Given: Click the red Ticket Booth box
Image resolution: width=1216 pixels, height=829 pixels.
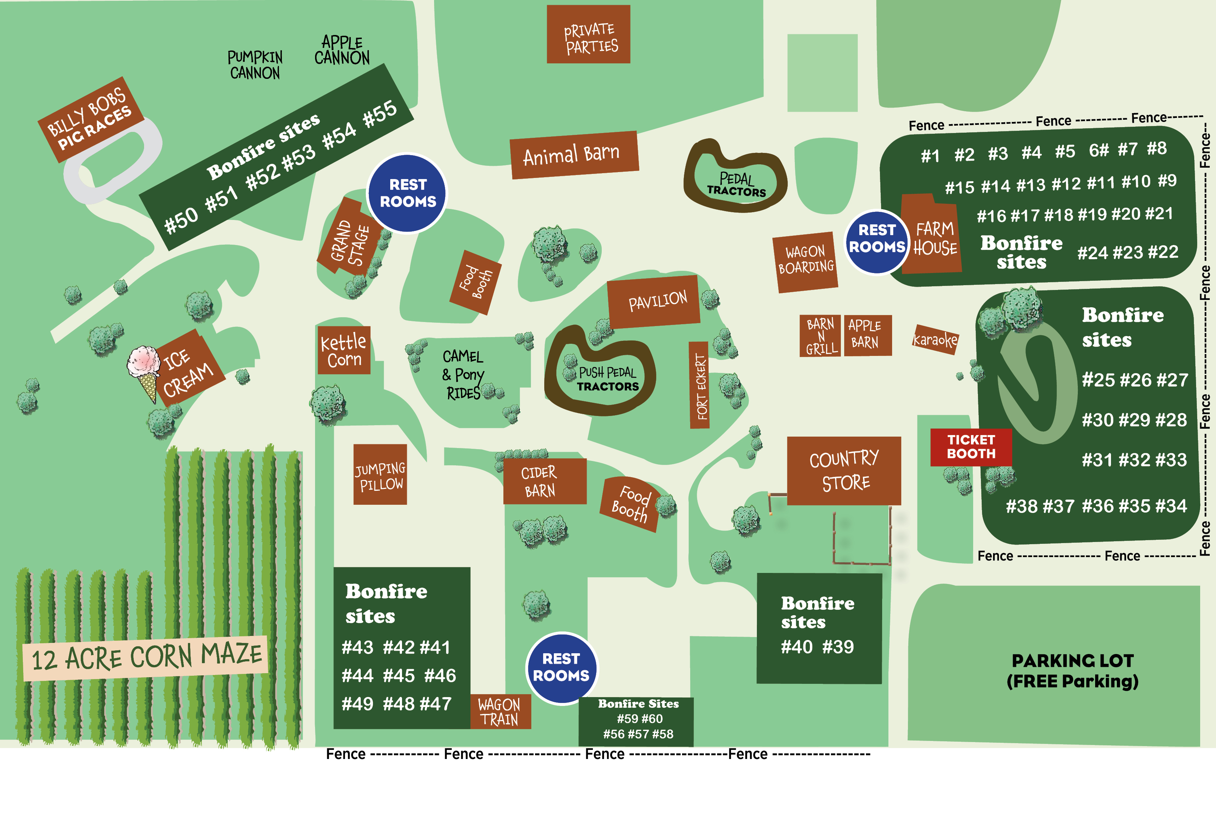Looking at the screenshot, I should tap(971, 447).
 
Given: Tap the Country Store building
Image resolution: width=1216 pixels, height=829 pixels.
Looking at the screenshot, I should tap(844, 471).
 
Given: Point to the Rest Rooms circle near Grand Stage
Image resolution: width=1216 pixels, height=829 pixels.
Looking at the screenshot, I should tap(407, 193).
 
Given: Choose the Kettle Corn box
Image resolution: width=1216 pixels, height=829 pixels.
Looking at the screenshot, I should tap(344, 350).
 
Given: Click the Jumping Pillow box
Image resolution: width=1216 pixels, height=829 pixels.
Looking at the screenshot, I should tap(380, 475).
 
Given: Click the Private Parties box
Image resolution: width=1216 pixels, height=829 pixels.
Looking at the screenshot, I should tap(588, 35).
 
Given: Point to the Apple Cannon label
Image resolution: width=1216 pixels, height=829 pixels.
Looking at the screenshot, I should tap(342, 50).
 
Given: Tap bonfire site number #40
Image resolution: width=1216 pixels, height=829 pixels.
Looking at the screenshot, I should tap(796, 647).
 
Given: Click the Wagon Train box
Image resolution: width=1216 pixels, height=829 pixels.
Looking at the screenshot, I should tap(500, 711).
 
